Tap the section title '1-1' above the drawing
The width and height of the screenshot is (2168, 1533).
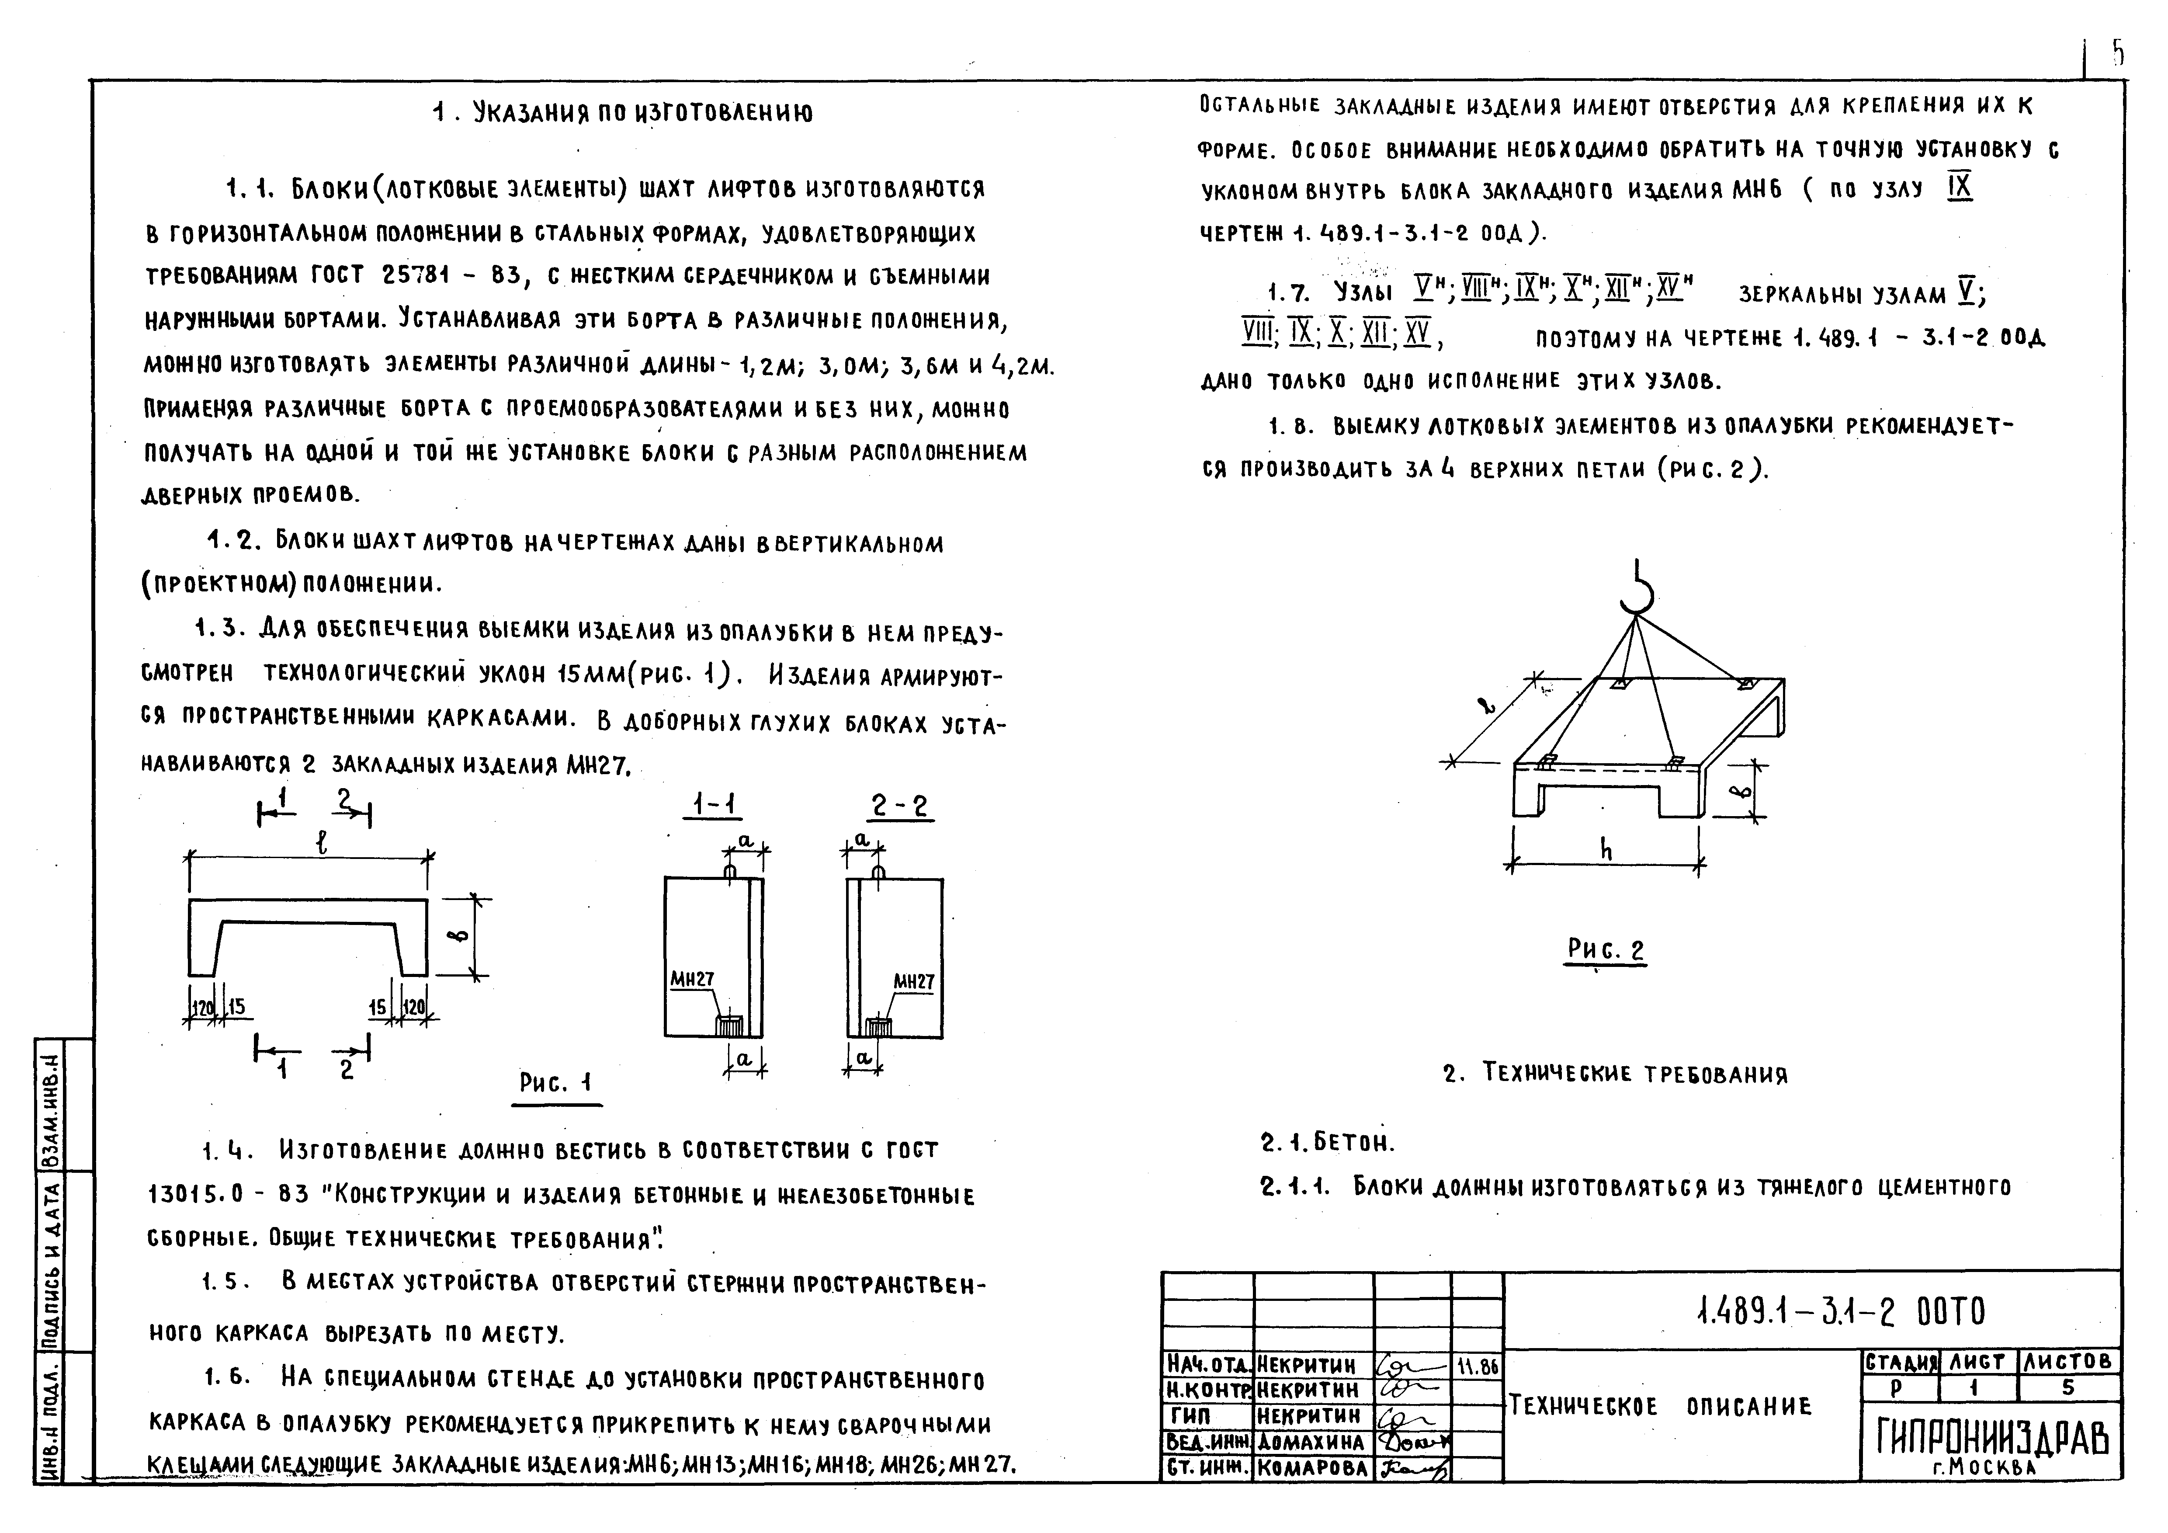pos(715,805)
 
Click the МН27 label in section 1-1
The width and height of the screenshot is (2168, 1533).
pos(692,980)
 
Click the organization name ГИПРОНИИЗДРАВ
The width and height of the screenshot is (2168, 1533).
pos(1991,1440)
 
